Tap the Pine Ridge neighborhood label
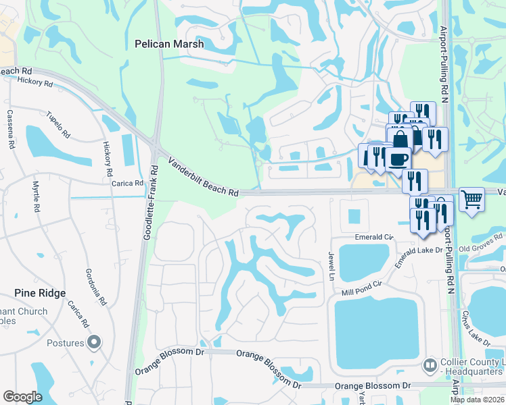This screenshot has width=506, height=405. click(x=41, y=293)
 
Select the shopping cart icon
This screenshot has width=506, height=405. click(x=471, y=199)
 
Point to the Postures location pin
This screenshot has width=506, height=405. click(x=94, y=343)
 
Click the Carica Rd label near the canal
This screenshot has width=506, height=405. click(x=128, y=183)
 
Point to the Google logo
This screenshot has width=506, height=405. click(x=22, y=397)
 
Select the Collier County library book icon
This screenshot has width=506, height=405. click(x=429, y=365)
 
